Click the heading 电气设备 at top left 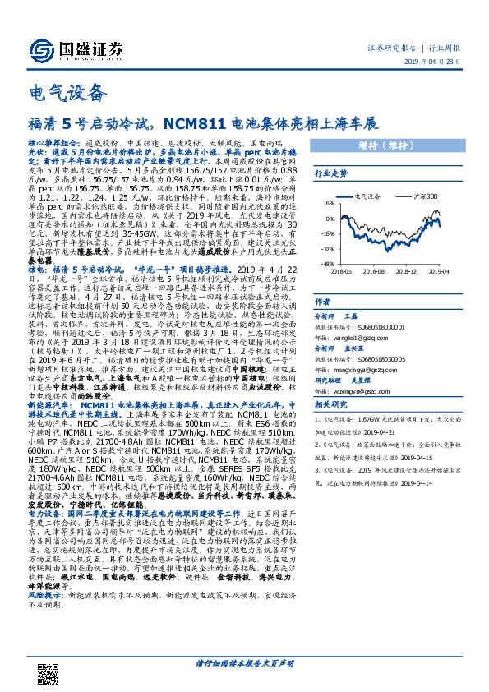pyautogui.click(x=54, y=91)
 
